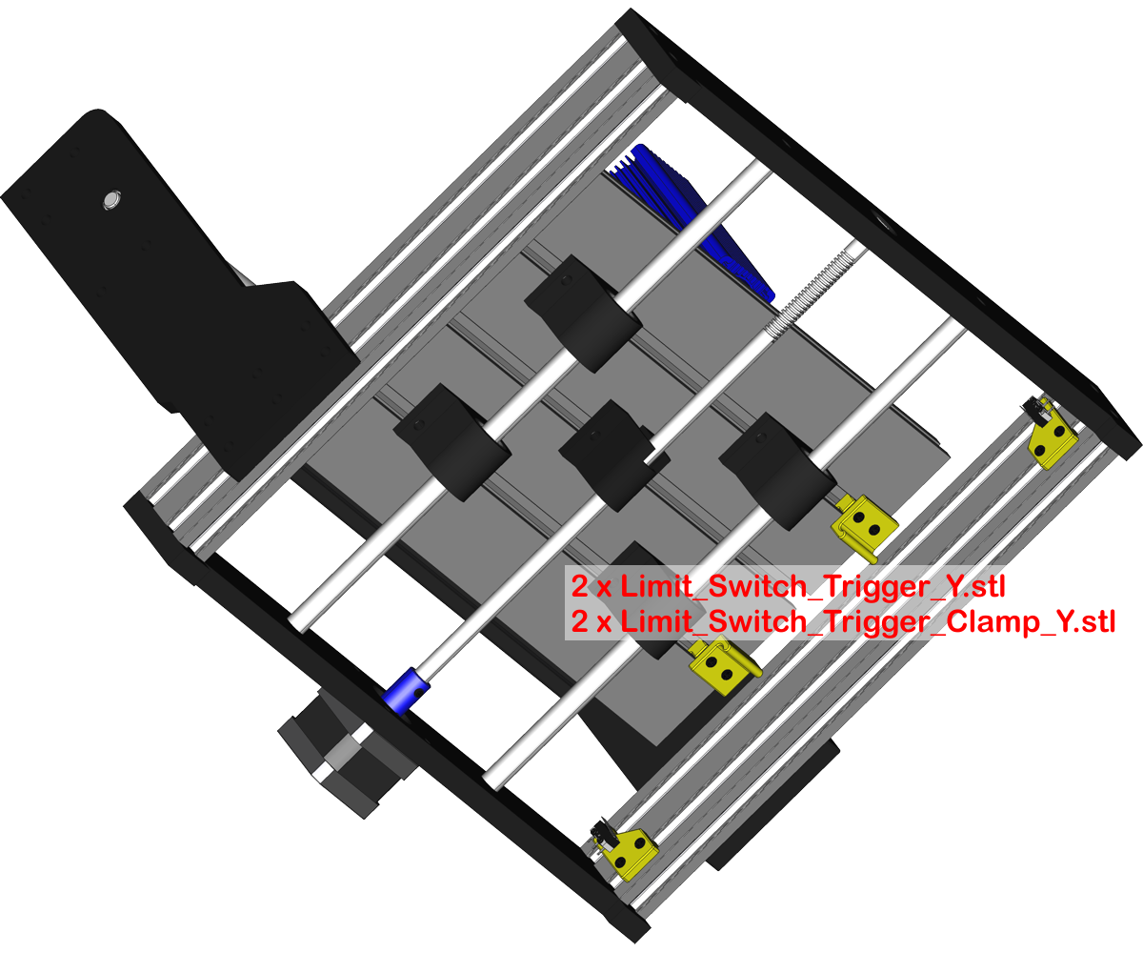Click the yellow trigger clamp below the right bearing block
[865, 525]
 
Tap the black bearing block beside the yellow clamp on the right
[777, 468]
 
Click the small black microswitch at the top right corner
[1032, 408]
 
